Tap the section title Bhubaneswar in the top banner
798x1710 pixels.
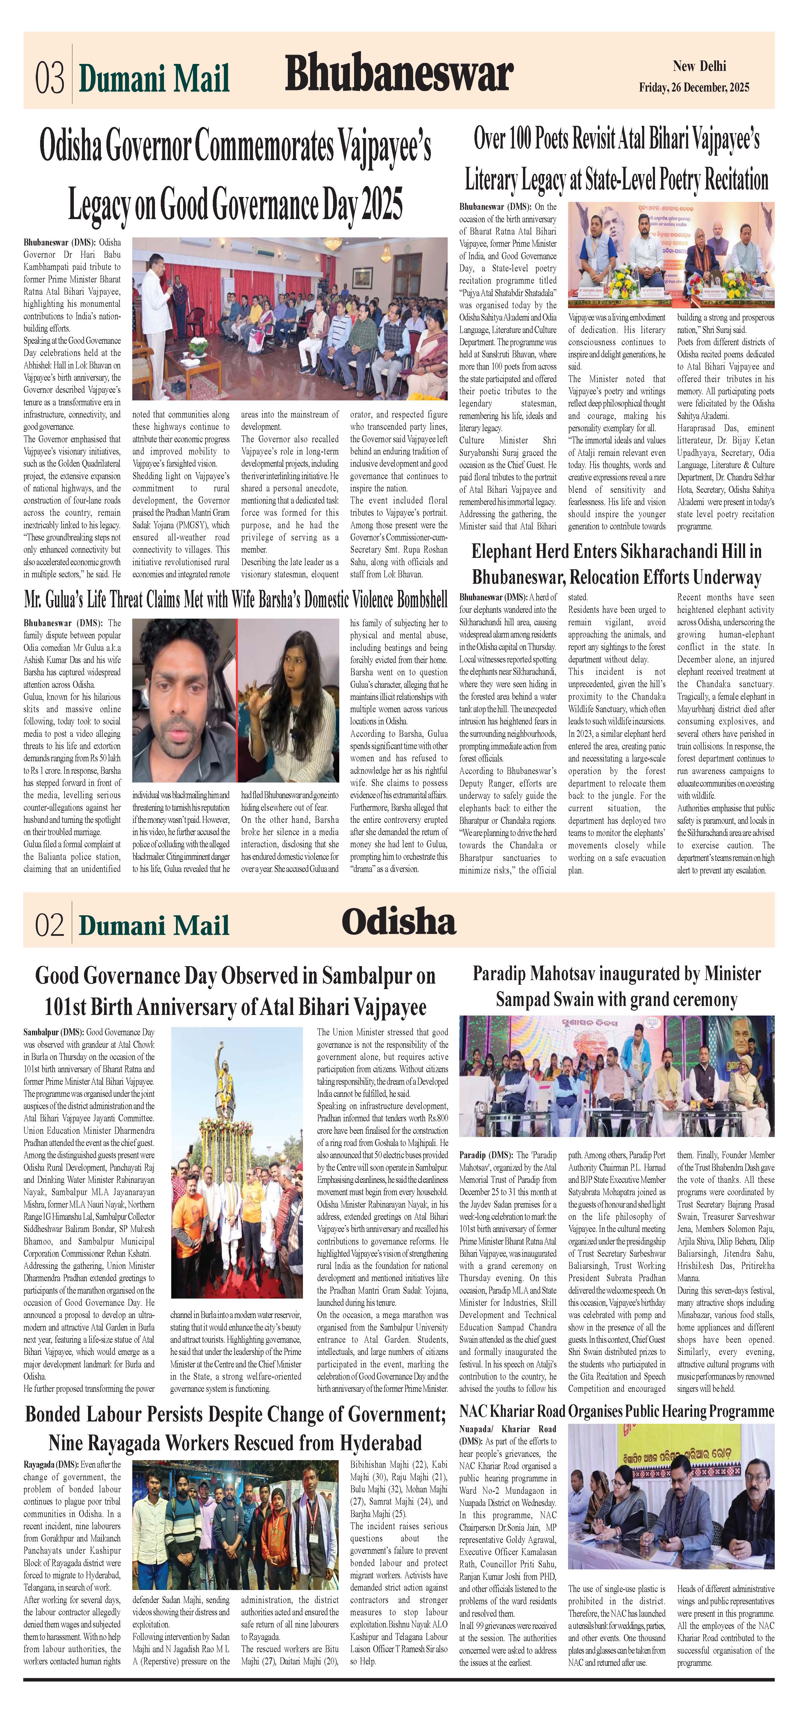pyautogui.click(x=399, y=74)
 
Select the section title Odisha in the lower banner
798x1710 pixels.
pyautogui.click(x=399, y=922)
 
